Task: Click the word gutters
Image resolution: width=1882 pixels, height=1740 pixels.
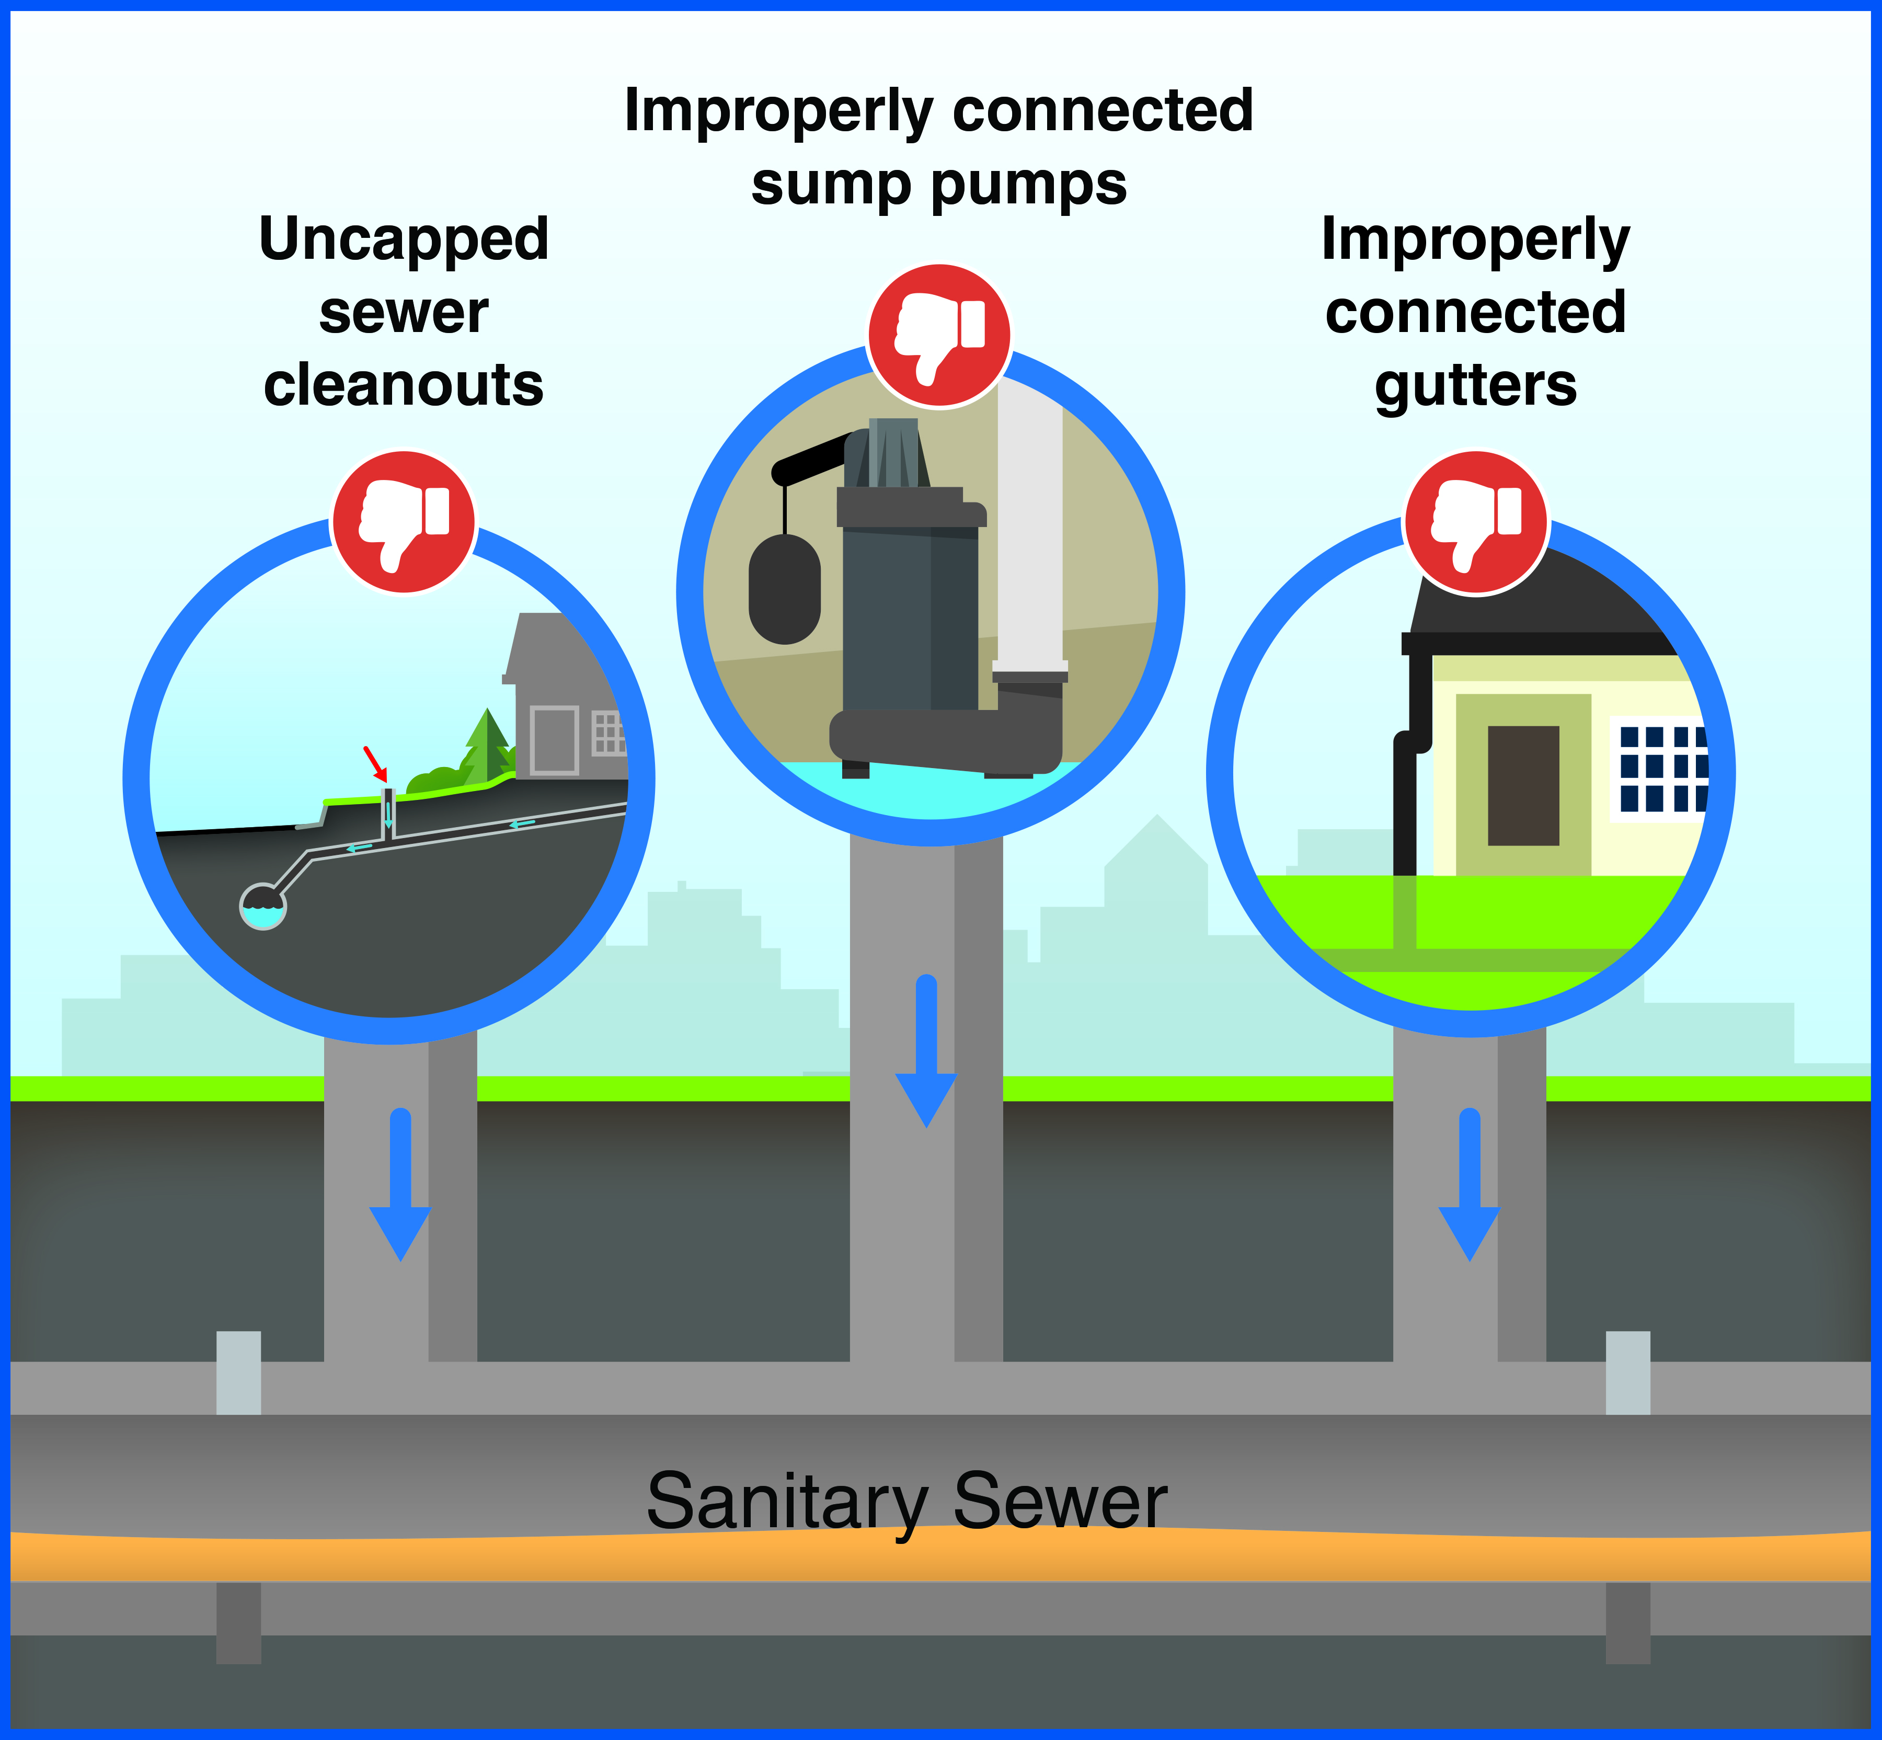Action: [1475, 385]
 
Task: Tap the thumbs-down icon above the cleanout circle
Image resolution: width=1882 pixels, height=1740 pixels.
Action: [404, 522]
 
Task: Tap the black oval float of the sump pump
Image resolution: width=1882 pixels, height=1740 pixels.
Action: [784, 589]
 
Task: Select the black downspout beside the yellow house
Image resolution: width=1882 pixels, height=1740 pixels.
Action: [1405, 810]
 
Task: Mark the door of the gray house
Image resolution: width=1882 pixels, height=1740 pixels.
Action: [555, 739]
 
